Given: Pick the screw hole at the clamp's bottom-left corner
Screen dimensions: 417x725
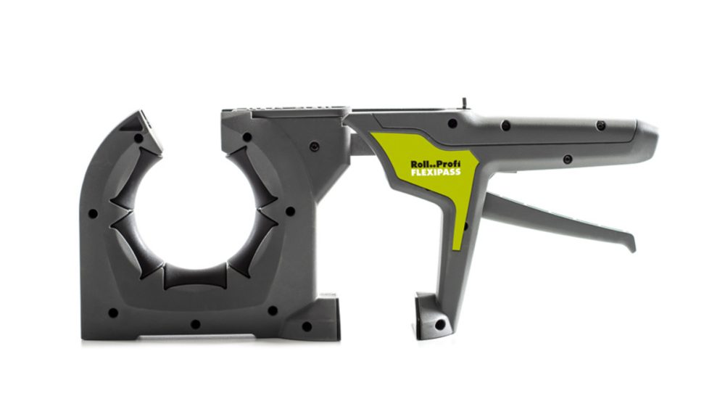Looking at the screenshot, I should (x=113, y=313).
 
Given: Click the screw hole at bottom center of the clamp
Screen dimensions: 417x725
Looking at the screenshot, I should (x=195, y=323).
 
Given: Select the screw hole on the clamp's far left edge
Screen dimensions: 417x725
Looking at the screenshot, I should (x=93, y=214).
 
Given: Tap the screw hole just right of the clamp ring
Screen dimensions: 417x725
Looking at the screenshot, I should (x=290, y=212).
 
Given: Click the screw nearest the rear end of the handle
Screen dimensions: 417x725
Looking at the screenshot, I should (x=600, y=125).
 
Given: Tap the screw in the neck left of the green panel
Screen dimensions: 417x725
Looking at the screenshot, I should (x=314, y=146).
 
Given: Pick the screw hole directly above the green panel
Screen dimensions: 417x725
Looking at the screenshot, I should (x=452, y=123).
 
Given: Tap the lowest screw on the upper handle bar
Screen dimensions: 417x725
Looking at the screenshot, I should (x=567, y=159).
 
